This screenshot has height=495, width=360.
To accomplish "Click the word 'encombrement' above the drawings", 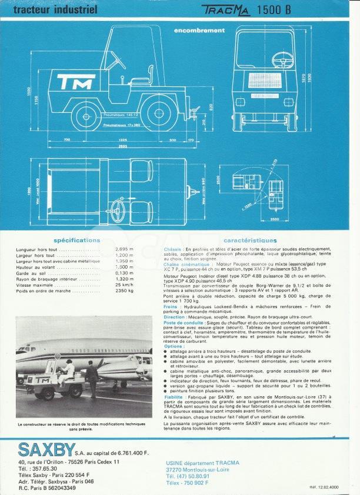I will click(x=199, y=30).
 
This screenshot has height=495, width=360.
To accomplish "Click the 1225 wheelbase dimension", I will click(x=122, y=140).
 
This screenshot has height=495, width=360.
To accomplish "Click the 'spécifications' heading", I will click(x=76, y=240).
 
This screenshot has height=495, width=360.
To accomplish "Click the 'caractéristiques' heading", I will click(x=250, y=240).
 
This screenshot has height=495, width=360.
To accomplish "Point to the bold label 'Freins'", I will click(x=171, y=306).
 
